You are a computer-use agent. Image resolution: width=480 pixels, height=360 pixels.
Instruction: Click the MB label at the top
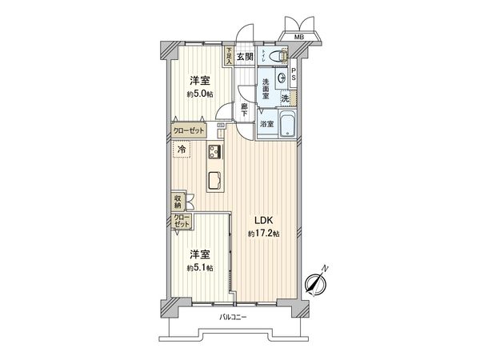(x=298, y=36)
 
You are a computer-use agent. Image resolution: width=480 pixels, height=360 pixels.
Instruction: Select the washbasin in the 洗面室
(x=286, y=78)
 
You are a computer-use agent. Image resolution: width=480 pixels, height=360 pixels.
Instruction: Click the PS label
(x=294, y=78)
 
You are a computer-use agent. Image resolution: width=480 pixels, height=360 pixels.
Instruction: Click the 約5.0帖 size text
(x=199, y=94)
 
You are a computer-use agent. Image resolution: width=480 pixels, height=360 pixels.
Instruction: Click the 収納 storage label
(x=177, y=201)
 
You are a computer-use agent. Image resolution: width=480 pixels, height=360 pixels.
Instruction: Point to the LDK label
(x=264, y=220)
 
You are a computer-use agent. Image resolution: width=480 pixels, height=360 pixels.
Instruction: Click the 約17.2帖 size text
(x=263, y=233)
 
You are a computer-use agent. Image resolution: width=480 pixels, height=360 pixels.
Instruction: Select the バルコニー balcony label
(x=234, y=318)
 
